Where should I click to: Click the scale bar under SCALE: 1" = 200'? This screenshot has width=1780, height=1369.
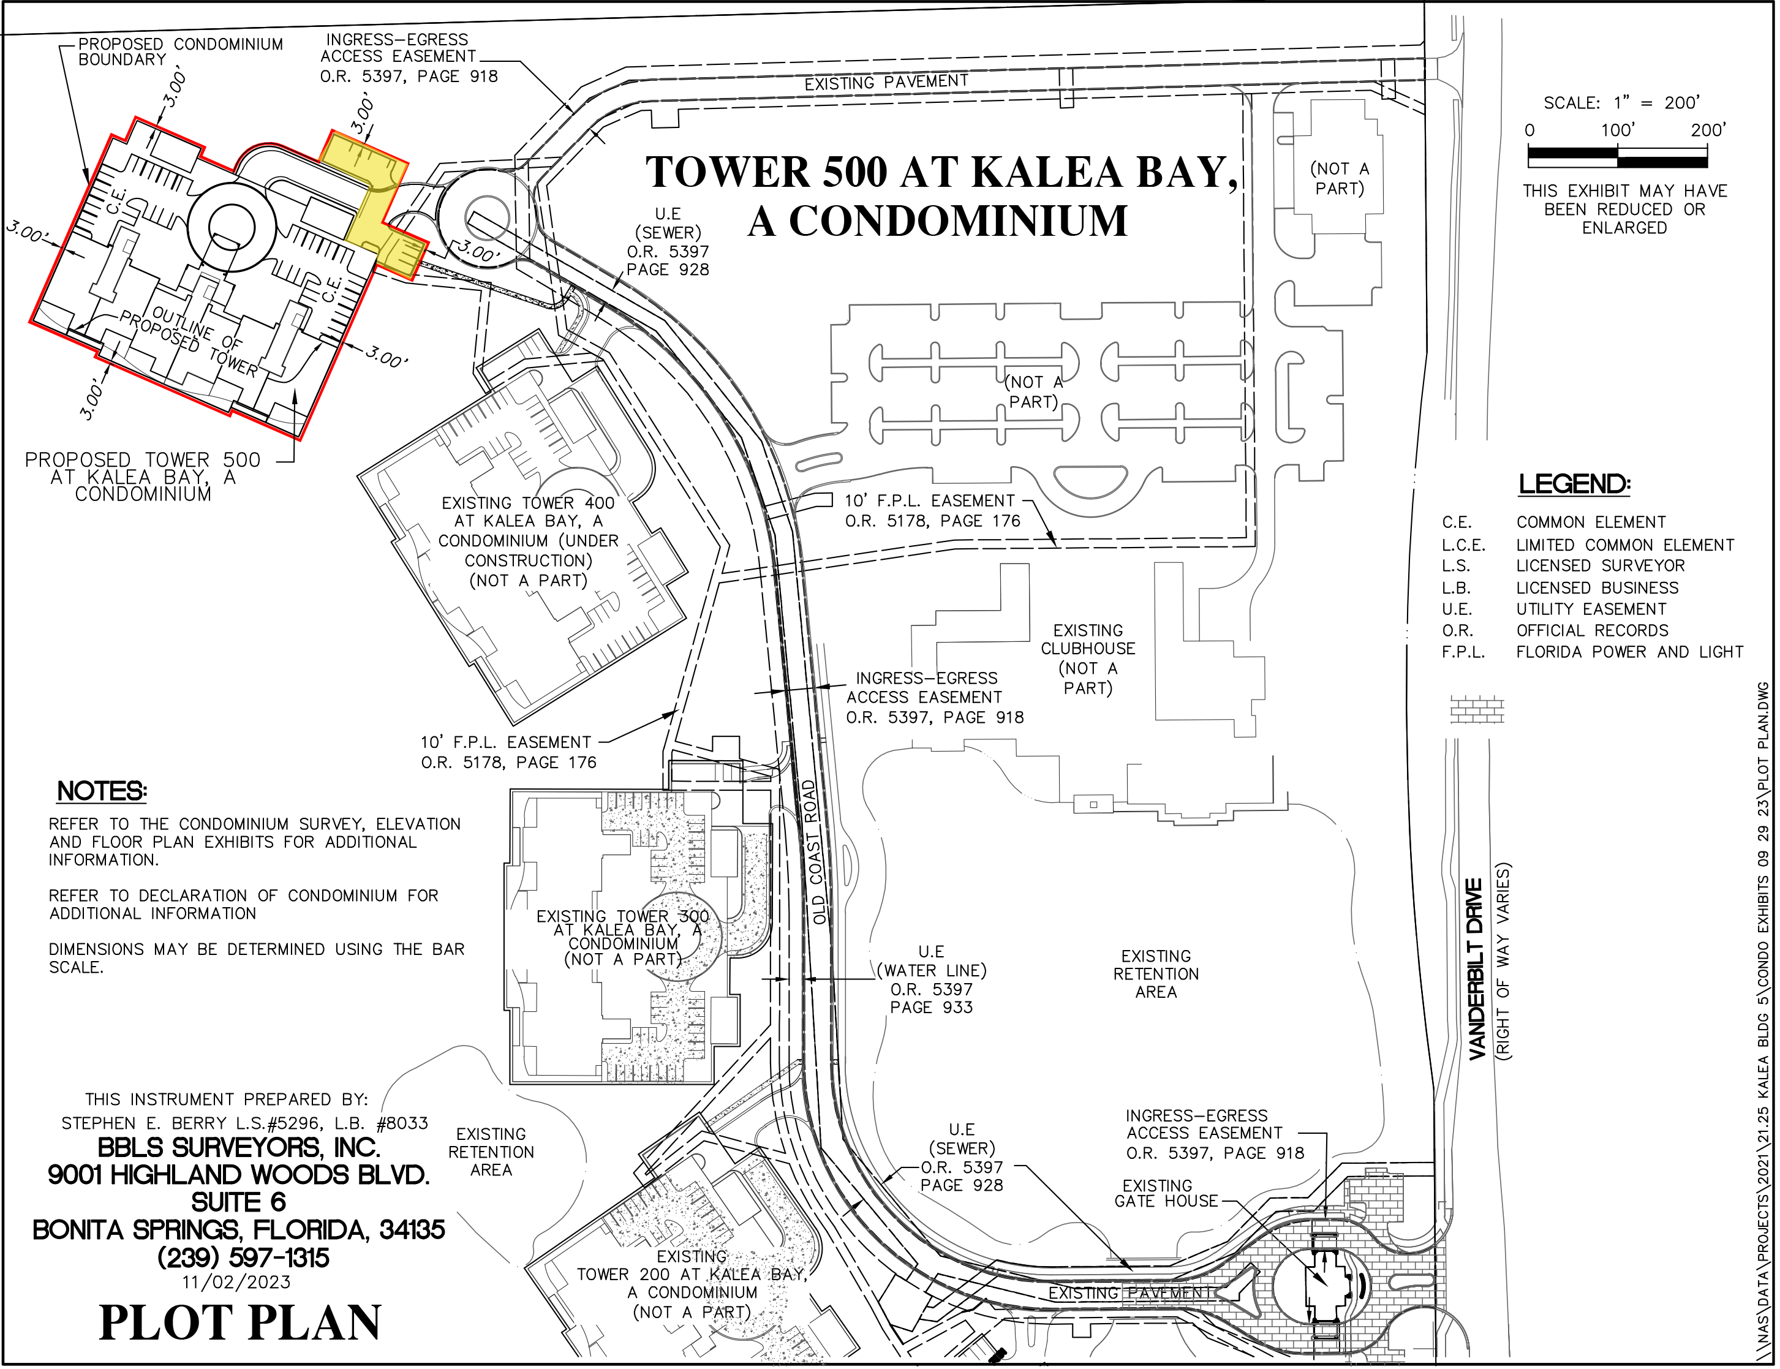coord(1617,156)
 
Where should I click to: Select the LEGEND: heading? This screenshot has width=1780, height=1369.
coord(1575,484)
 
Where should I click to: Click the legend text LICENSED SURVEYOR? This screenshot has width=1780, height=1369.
coord(1600,565)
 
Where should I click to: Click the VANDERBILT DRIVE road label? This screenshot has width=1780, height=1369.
coord(1476,969)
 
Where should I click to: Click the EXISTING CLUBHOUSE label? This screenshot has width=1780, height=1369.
coord(1088,639)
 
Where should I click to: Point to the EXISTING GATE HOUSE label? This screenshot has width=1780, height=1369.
coord(1167,1193)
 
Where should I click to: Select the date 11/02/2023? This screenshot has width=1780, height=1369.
coord(236,1282)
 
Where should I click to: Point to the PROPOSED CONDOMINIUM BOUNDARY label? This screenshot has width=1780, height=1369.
coord(180,51)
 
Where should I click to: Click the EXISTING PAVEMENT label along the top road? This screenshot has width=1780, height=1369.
coord(886,82)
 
